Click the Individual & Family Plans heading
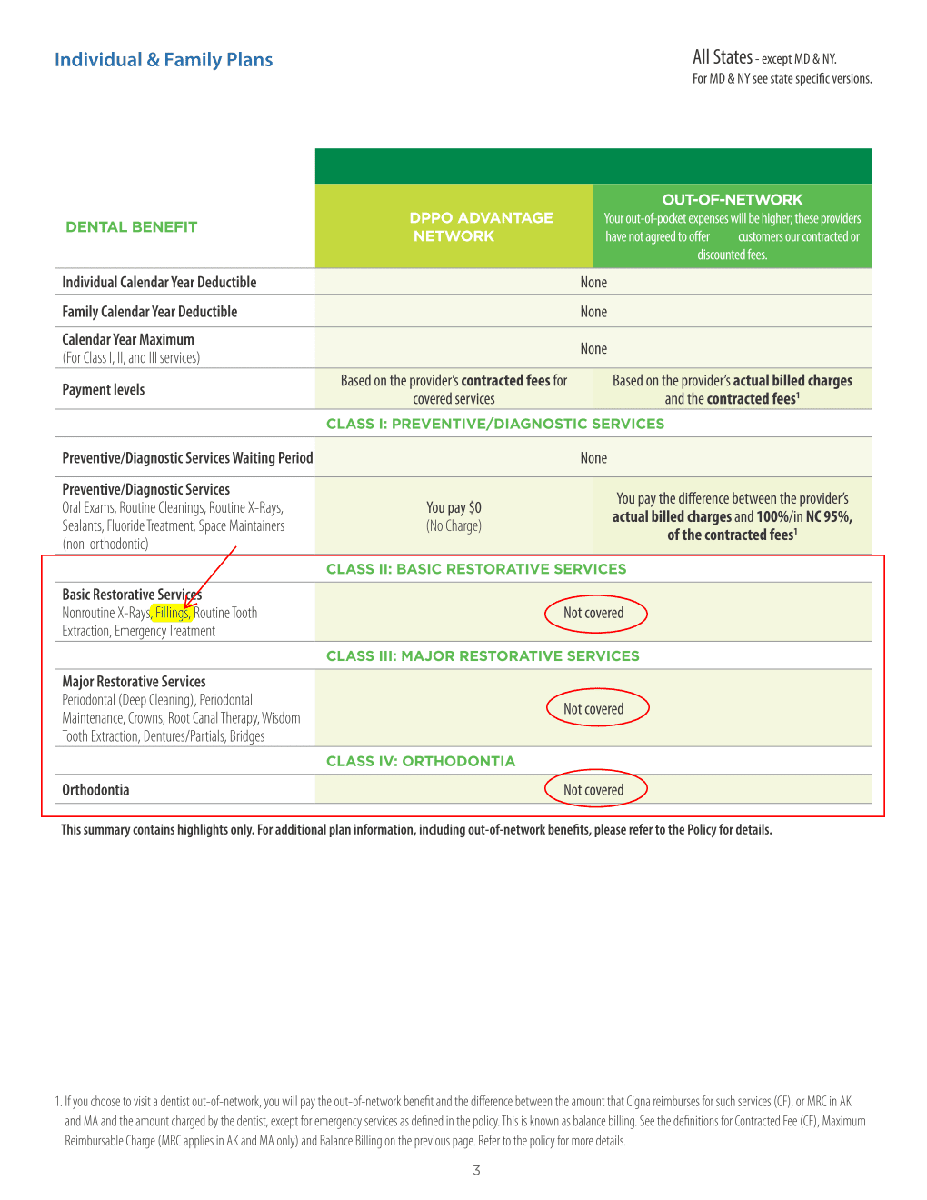[x=164, y=60]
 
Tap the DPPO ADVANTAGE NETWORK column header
[x=481, y=226]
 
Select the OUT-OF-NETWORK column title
[x=732, y=200]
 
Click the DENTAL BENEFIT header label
[x=131, y=227]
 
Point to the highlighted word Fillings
[x=172, y=613]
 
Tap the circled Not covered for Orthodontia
[x=593, y=790]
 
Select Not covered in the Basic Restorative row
[x=593, y=614]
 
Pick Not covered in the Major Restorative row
[x=593, y=709]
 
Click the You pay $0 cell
[x=454, y=507]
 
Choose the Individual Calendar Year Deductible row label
[x=159, y=283]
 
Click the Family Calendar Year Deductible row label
[x=149, y=312]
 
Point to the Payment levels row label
[x=103, y=390]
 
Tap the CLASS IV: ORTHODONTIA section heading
[x=420, y=762]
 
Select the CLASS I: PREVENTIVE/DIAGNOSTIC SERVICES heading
[x=495, y=424]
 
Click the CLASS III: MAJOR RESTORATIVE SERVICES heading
[x=483, y=656]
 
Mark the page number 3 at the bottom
[x=476, y=1171]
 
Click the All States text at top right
[x=723, y=57]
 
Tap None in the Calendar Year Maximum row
[x=593, y=348]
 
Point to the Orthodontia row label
[x=95, y=790]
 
